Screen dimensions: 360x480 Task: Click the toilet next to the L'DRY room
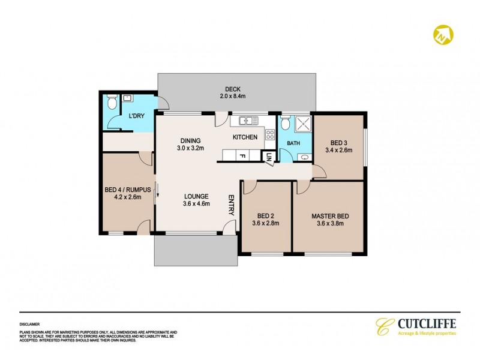110,102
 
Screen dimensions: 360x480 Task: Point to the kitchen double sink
247,121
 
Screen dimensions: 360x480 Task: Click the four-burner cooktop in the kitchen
270,134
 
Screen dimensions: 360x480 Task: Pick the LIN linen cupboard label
269,157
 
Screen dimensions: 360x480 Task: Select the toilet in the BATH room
286,123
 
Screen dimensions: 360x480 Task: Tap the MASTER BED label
329,215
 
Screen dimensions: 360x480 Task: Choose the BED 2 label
265,215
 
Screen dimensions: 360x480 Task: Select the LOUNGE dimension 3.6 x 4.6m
196,205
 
